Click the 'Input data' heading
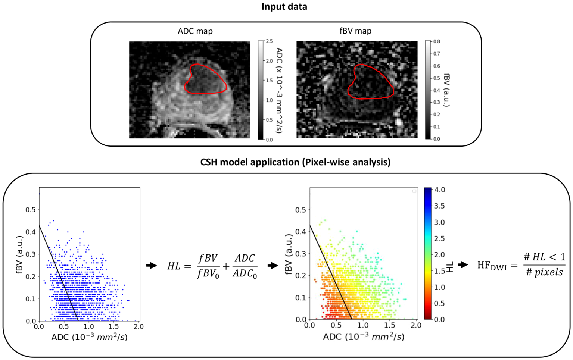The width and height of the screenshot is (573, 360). point(284,7)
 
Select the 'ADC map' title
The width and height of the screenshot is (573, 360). point(195,31)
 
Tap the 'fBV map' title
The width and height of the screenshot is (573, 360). point(355,31)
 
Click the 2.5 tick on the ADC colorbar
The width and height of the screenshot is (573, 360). point(269,41)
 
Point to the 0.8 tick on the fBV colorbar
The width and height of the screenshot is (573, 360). point(436,42)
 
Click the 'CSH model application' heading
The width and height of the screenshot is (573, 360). point(295,162)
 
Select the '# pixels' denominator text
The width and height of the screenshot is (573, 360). point(544,272)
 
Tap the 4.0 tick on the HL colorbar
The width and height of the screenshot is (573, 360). point(439,190)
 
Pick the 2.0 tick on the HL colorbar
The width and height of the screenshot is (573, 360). point(439,255)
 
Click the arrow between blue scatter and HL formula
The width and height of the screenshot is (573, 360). point(151,266)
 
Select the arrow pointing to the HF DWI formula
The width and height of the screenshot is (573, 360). point(463,264)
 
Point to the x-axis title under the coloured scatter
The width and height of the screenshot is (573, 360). point(363,337)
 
